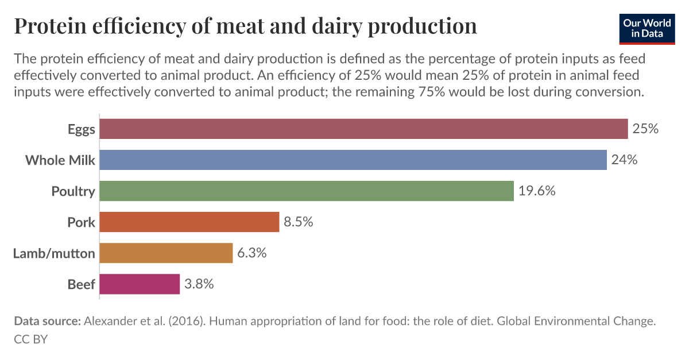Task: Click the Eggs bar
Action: (x=363, y=129)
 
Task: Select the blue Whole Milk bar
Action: (x=353, y=160)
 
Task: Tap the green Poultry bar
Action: (x=307, y=191)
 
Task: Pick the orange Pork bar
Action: (x=189, y=222)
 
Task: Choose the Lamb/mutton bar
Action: (x=166, y=253)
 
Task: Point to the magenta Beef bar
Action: (x=140, y=284)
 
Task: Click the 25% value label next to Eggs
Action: (x=645, y=129)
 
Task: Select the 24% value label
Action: (x=624, y=160)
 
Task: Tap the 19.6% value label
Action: (x=537, y=191)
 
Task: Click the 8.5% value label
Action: (x=299, y=222)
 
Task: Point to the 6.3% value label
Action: (x=252, y=253)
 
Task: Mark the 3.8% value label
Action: (x=199, y=284)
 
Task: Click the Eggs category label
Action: (x=81, y=129)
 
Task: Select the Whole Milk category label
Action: (x=60, y=160)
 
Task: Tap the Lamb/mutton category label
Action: (x=54, y=253)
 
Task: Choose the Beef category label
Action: (x=81, y=284)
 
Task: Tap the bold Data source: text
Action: (x=47, y=322)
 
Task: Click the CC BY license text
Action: (x=30, y=339)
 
